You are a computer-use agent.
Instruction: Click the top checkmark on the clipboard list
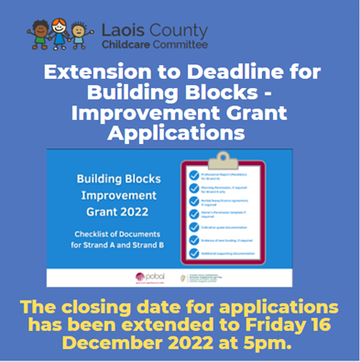(x=192, y=173)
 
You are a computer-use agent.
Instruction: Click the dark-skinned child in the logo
(x=39, y=35)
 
